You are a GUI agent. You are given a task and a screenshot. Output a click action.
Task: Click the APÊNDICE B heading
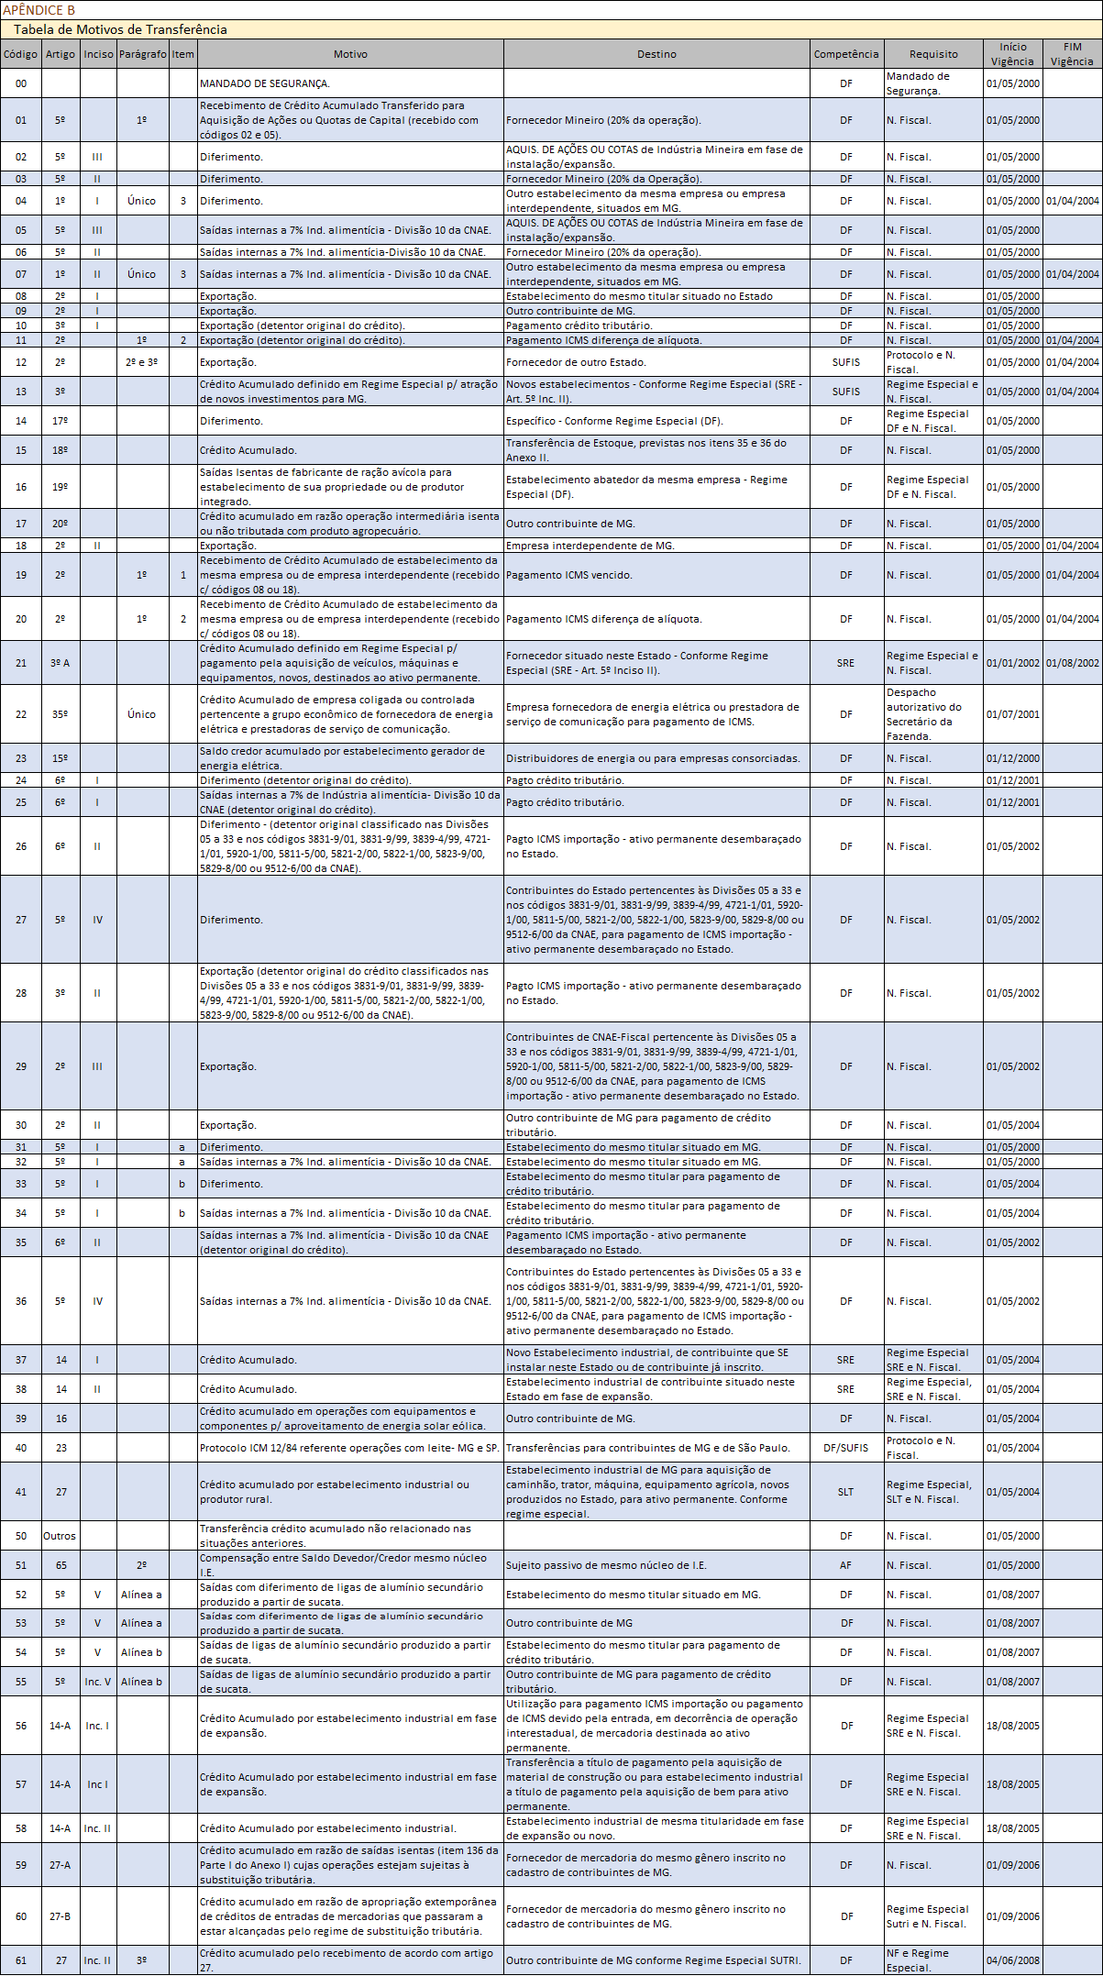click(x=39, y=10)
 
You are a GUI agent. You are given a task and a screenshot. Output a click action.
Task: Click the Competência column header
click(x=845, y=54)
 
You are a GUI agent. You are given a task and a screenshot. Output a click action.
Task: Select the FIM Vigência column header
click(x=1072, y=54)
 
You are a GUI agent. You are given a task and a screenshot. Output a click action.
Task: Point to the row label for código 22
click(x=21, y=714)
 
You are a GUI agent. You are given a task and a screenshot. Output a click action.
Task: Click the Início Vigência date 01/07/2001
click(x=1012, y=714)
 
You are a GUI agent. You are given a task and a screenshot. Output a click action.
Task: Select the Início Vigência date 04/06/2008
click(x=1012, y=1960)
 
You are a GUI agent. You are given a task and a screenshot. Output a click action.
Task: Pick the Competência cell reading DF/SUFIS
click(x=845, y=1448)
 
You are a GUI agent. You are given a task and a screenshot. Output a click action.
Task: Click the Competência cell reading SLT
click(x=845, y=1492)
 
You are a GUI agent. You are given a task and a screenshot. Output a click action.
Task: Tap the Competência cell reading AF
click(x=845, y=1565)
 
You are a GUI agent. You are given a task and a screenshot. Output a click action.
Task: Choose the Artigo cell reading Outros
click(x=60, y=1536)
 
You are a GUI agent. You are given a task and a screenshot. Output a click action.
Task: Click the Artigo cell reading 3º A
click(x=60, y=663)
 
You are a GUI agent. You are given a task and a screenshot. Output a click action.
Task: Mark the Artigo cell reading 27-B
click(x=60, y=1916)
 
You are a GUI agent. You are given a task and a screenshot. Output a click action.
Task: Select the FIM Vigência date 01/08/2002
click(x=1072, y=663)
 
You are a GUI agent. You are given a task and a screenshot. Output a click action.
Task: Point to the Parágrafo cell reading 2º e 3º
click(x=142, y=362)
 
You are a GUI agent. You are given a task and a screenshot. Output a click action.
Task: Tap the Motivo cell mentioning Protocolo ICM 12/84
click(x=349, y=1448)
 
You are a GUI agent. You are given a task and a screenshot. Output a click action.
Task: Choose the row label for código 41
click(x=21, y=1492)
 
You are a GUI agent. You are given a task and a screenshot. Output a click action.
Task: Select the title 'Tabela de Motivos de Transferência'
click(x=120, y=29)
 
